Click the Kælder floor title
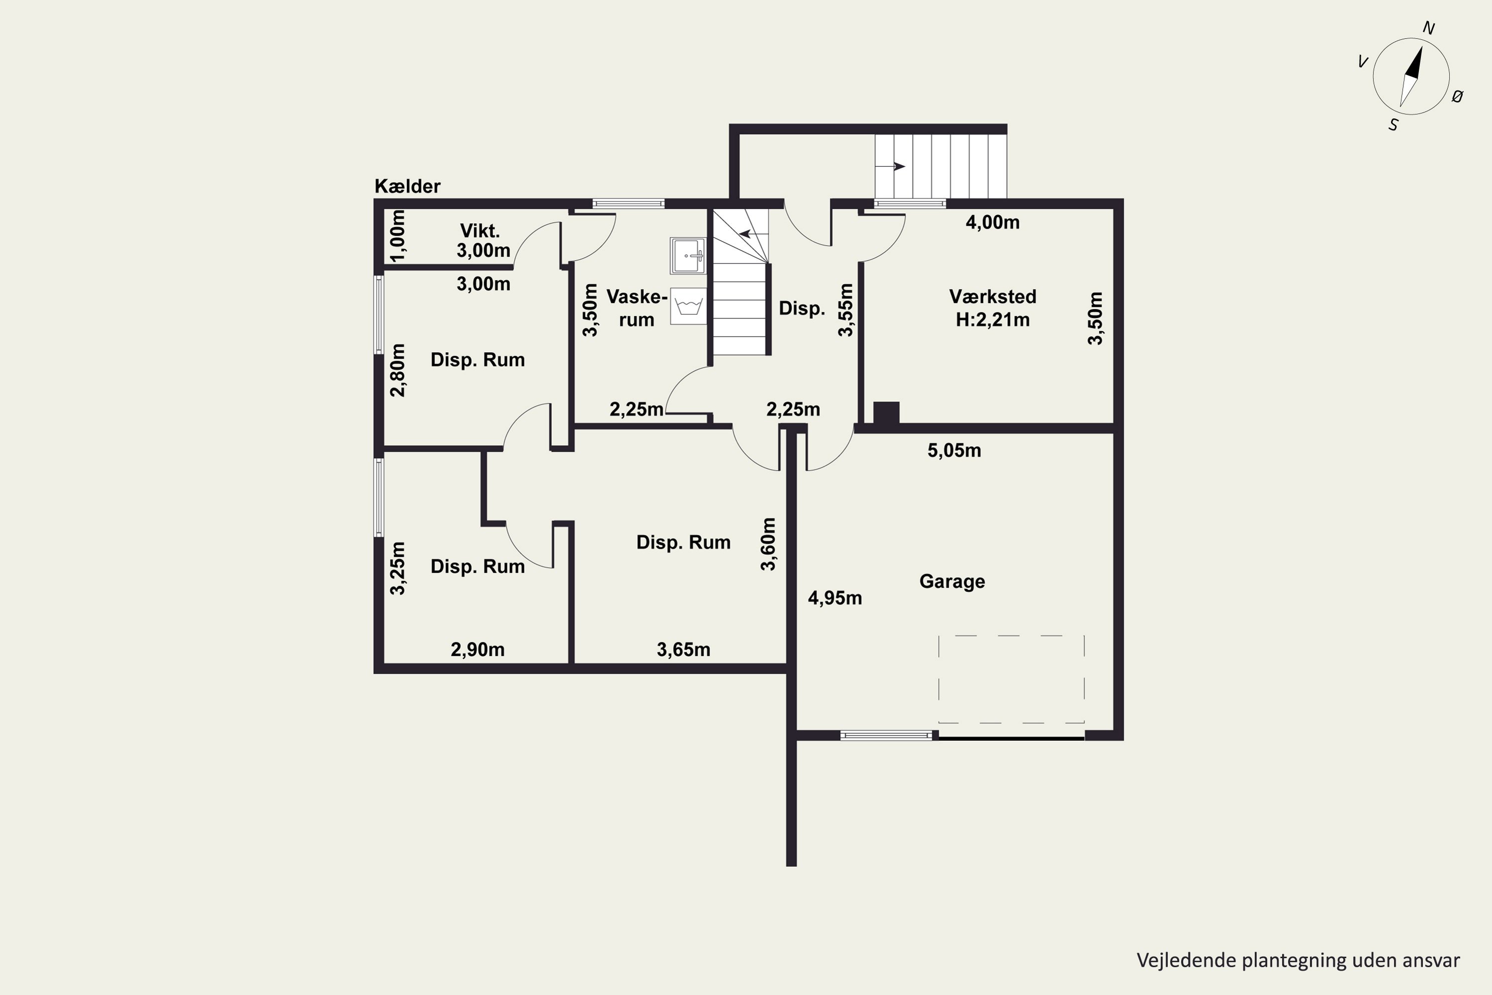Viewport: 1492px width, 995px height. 407,186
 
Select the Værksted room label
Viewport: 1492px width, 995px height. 993,297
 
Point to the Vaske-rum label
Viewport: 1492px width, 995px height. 637,308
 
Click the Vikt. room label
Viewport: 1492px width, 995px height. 480,230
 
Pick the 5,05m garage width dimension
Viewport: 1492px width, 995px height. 954,451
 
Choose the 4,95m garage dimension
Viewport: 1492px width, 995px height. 835,598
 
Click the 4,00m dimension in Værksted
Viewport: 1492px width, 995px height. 993,222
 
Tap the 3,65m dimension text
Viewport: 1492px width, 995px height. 683,649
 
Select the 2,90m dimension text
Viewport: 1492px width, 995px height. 477,649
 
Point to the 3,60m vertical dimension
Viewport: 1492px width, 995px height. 768,544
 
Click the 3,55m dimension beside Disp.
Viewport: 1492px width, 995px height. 846,309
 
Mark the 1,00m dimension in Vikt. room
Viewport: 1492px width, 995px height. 398,235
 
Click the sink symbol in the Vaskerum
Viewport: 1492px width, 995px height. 688,256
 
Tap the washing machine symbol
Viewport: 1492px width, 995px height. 688,306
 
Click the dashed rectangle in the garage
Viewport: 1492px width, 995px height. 1011,635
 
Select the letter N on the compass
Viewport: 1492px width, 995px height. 1428,28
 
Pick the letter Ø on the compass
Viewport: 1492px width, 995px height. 1457,97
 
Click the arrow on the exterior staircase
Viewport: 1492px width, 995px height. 891,167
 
